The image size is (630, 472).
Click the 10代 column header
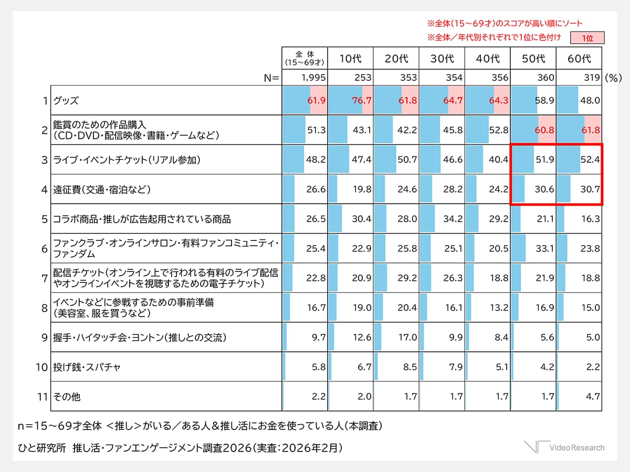[x=351, y=59]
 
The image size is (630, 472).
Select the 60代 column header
[x=579, y=59]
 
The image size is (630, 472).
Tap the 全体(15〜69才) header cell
[x=304, y=58]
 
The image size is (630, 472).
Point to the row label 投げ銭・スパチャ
[x=87, y=366]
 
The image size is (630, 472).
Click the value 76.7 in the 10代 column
[x=362, y=100]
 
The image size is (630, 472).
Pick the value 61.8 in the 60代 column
[x=590, y=130]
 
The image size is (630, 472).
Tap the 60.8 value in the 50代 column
[x=544, y=130]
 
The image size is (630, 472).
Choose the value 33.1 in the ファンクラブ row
[x=544, y=248]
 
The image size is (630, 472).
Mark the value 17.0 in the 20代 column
[x=407, y=337]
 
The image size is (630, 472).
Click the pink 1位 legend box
[x=588, y=38]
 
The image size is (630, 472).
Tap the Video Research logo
[x=564, y=447]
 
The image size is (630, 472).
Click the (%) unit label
[x=613, y=78]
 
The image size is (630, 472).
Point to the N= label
[x=271, y=78]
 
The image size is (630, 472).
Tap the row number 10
[x=42, y=366]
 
